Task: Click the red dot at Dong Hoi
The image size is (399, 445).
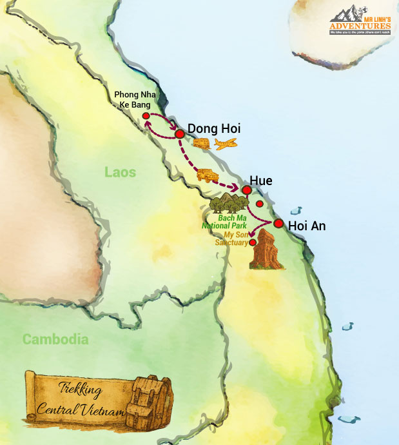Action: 180,133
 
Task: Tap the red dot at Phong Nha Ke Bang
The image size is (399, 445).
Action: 146,116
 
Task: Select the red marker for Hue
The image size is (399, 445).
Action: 246,190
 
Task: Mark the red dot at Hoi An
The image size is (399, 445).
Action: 278,223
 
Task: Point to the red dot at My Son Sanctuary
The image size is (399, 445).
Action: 253,242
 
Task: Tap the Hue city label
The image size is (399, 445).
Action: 262,181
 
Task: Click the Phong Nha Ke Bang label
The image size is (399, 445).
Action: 135,100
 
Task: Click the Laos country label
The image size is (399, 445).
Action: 121,172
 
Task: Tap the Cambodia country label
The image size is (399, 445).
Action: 55,339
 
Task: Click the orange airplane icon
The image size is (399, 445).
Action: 225,144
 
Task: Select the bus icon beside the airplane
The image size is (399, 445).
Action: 201,144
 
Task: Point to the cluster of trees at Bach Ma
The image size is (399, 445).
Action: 228,203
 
